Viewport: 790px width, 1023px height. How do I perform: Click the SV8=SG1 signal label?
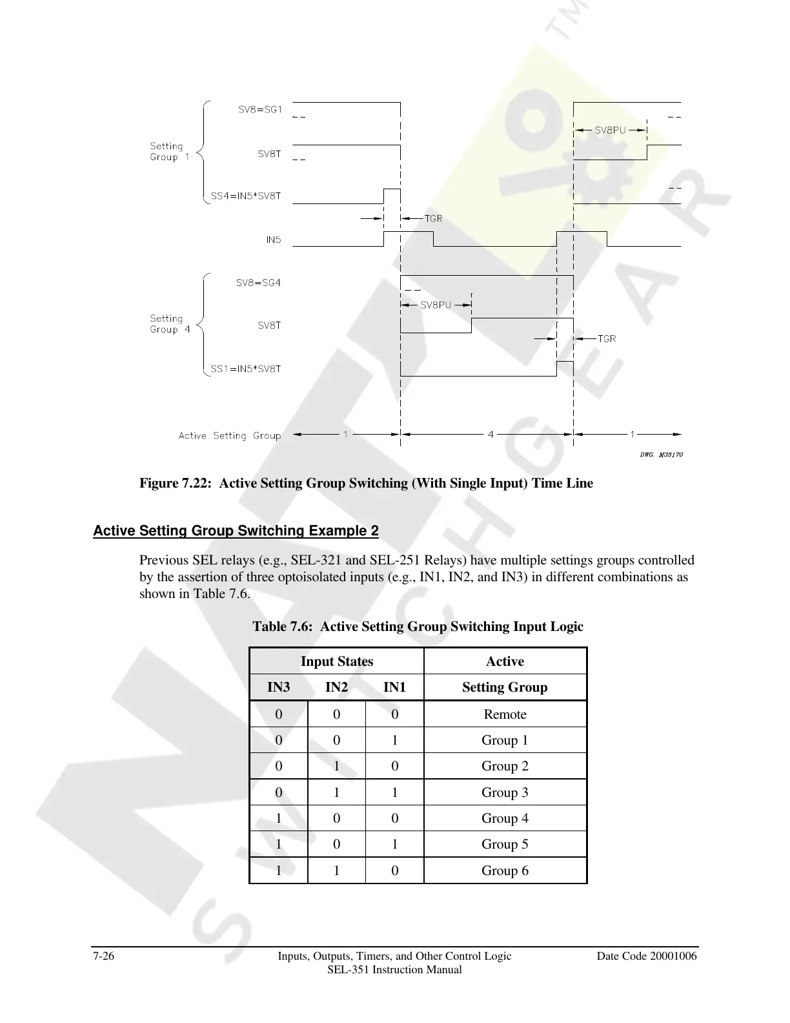pyautogui.click(x=260, y=110)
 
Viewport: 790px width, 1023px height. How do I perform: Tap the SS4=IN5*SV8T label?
pyautogui.click(x=246, y=196)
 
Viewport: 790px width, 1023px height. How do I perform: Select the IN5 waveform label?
pyautogui.click(x=274, y=240)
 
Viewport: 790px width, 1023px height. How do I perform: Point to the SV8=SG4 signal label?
pyautogui.click(x=258, y=283)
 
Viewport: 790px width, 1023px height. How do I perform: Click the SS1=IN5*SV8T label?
pyautogui.click(x=246, y=369)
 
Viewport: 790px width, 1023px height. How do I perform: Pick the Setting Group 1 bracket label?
pyautogui.click(x=169, y=152)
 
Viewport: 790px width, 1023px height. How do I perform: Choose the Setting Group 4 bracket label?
pyautogui.click(x=169, y=324)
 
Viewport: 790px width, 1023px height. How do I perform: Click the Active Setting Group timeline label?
pyautogui.click(x=230, y=436)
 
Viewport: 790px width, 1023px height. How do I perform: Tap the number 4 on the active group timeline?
pyautogui.click(x=491, y=435)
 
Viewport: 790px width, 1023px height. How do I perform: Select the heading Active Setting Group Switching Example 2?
pyautogui.click(x=236, y=531)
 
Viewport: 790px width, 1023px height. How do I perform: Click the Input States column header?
pyautogui.click(x=336, y=661)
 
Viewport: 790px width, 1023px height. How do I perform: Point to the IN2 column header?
pyautogui.click(x=336, y=687)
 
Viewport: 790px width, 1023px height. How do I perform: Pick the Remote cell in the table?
pyautogui.click(x=505, y=714)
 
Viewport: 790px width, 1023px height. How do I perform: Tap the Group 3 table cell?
pyautogui.click(x=505, y=792)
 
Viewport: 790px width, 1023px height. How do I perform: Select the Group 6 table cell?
pyautogui.click(x=505, y=871)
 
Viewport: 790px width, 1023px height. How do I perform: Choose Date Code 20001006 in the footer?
pyautogui.click(x=647, y=956)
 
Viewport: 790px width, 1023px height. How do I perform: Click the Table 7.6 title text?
pyautogui.click(x=418, y=626)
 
